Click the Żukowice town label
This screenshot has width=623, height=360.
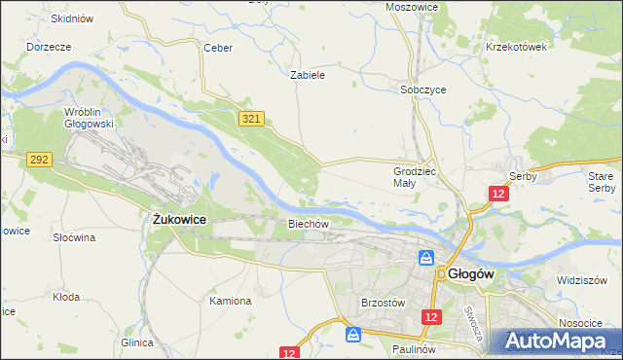179,221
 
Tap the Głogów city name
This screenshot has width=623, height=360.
472,274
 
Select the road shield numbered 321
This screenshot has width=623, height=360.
251,118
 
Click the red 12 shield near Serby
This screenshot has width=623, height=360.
498,195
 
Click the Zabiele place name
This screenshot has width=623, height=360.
308,74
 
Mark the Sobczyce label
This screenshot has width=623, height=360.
423,89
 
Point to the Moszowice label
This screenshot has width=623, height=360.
412,7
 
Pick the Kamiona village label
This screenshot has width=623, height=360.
231,301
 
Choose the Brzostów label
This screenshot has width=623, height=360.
382,303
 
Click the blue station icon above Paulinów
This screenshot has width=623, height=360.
353,334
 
